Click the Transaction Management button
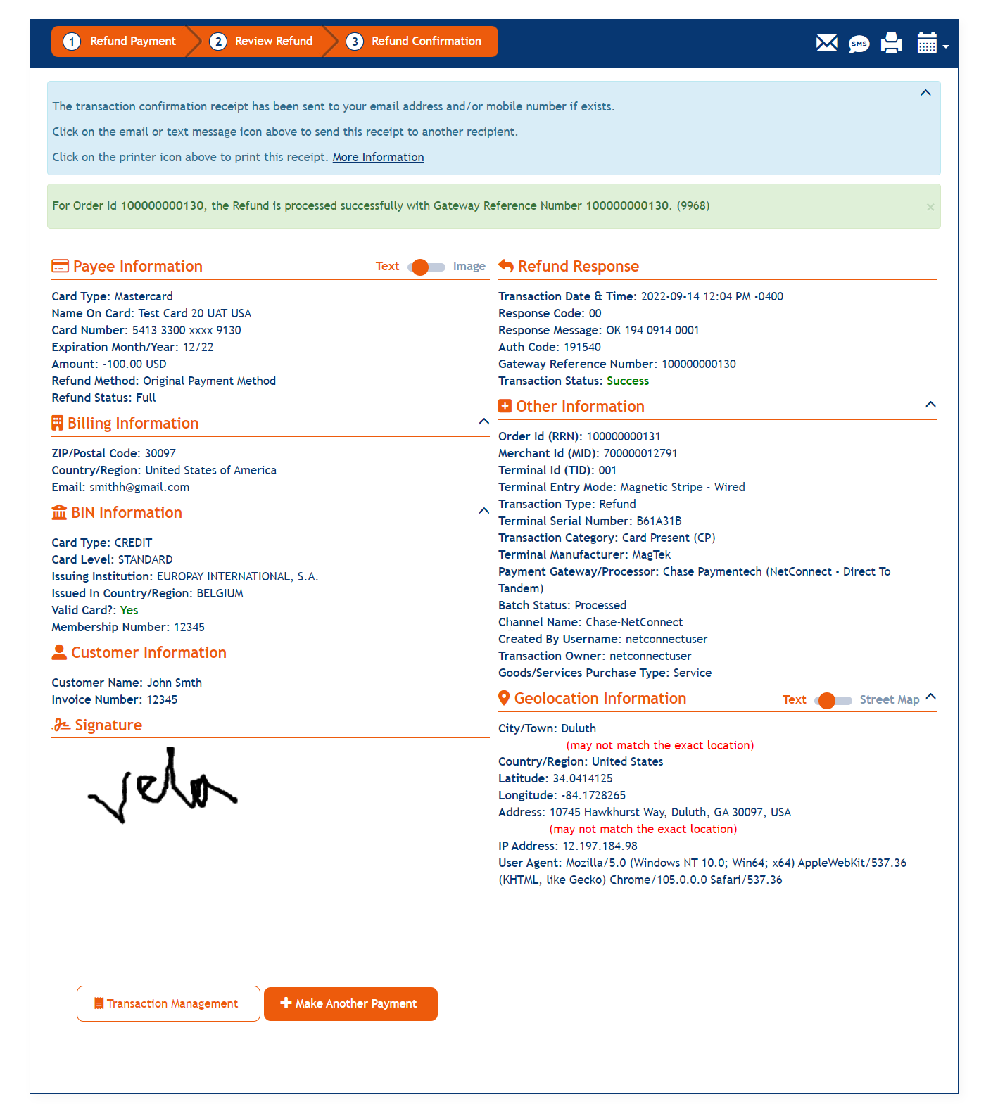168,1003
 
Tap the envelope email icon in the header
826,43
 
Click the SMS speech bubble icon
859,44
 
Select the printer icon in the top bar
891,43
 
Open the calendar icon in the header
927,43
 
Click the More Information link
378,157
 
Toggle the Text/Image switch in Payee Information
426,267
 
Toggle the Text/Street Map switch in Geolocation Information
833,700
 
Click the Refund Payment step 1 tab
120,42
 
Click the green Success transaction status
628,381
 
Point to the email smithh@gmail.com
139,487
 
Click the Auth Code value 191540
582,347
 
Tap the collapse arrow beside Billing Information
483,421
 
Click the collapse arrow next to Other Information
930,405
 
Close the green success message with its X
930,207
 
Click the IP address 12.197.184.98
600,846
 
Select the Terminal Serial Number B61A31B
659,521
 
